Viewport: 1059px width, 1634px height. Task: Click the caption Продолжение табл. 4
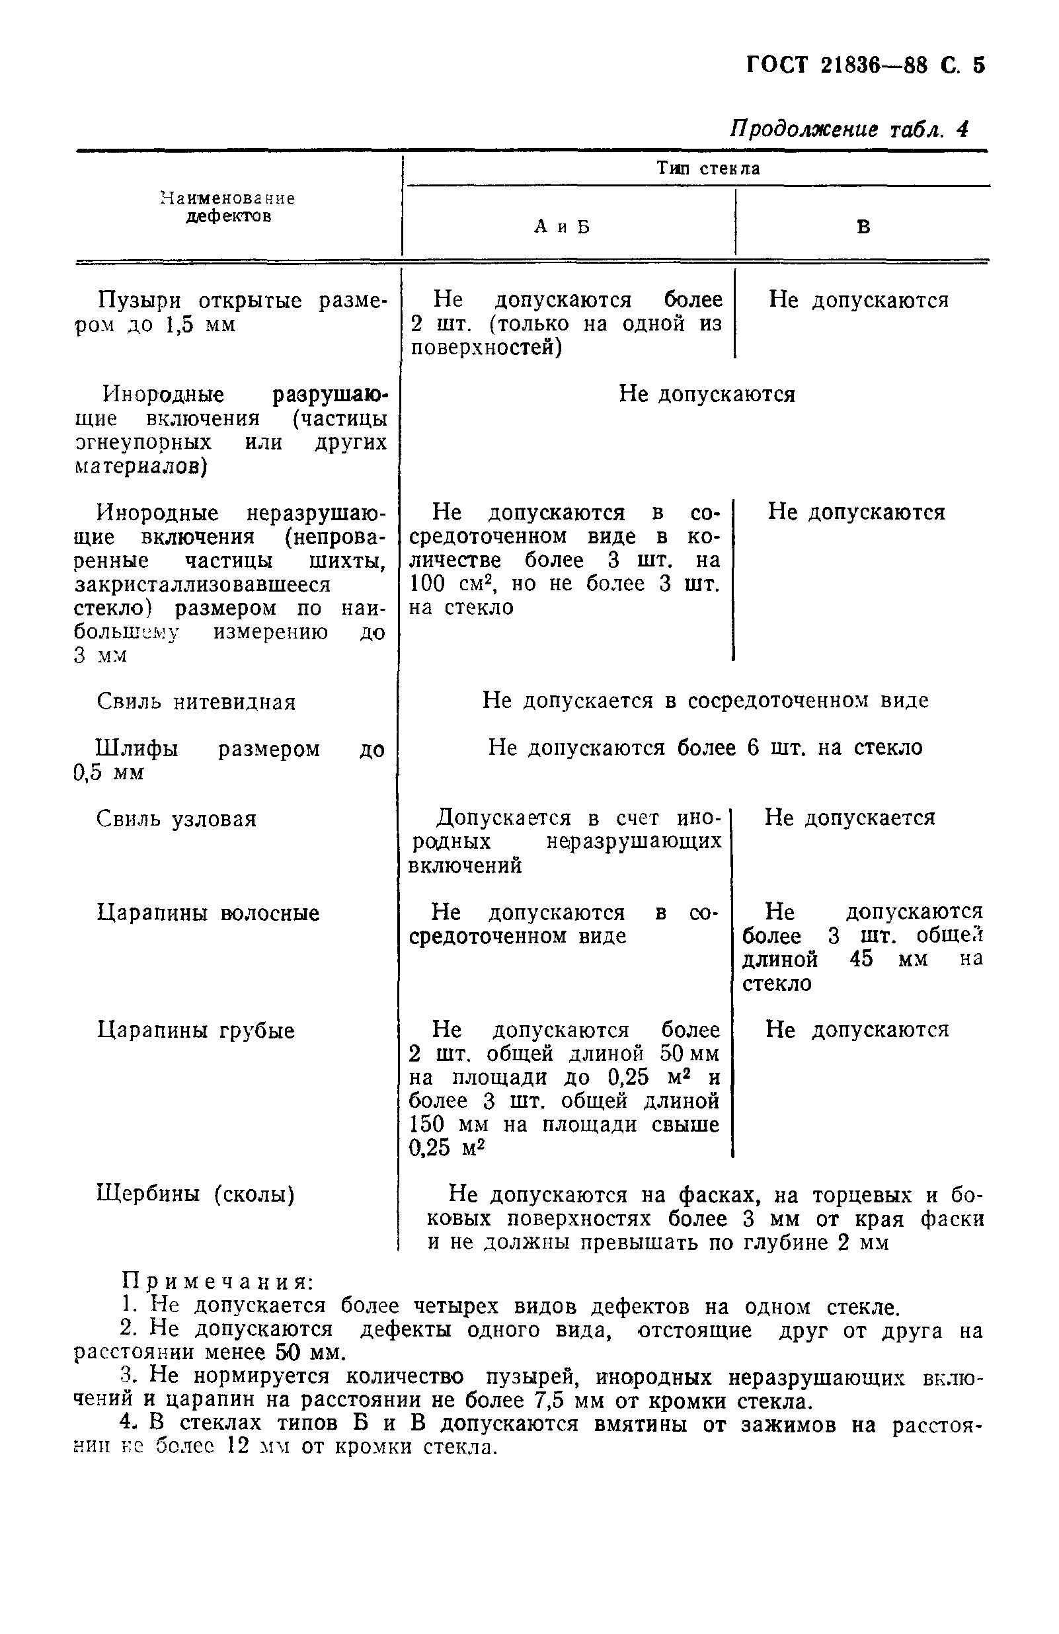[x=849, y=129]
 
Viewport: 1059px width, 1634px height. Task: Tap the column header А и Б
[x=562, y=227]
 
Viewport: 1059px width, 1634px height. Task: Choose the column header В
[x=863, y=227]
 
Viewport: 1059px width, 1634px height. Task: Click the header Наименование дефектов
[x=228, y=207]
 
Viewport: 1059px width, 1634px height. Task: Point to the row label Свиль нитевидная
[x=196, y=702]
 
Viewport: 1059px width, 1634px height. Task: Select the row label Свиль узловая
[x=176, y=818]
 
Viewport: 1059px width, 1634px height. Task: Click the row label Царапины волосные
[x=208, y=913]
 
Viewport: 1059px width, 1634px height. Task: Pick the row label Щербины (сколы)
[x=195, y=1194]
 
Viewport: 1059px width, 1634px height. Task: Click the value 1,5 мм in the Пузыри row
[x=200, y=324]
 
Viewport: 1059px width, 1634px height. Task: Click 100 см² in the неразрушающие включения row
[x=440, y=584]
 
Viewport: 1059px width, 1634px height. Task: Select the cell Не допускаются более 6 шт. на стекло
[x=705, y=747]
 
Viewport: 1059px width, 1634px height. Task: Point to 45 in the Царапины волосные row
[x=861, y=958]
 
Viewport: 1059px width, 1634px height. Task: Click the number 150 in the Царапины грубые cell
[x=426, y=1124]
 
